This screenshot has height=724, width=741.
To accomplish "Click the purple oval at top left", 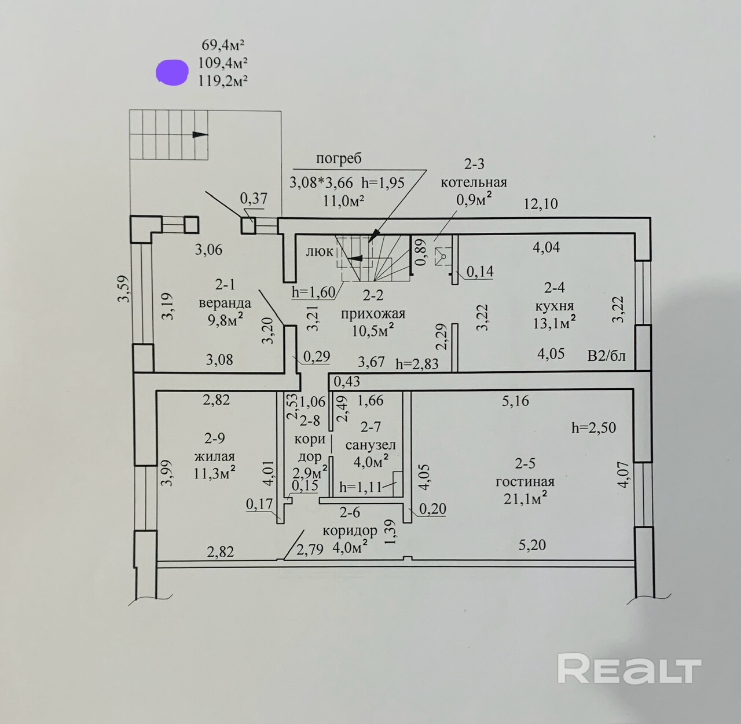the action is click(x=173, y=72).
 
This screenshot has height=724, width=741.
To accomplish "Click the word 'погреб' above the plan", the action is click(x=339, y=158).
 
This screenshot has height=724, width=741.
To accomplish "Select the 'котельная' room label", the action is click(x=474, y=182).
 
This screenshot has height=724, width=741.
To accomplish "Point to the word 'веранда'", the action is click(x=225, y=303).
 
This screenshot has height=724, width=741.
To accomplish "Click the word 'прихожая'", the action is click(x=373, y=313).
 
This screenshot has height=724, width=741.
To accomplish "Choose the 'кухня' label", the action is click(x=554, y=305).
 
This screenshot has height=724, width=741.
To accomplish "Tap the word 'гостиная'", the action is click(x=525, y=481).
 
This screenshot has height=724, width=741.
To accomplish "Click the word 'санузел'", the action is click(x=370, y=445).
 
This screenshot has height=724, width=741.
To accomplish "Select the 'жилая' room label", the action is click(x=214, y=456).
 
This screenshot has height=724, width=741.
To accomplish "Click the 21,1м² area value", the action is click(x=525, y=498).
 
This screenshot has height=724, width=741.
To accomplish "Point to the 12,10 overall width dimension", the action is click(x=541, y=204).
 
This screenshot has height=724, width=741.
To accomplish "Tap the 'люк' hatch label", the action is click(x=320, y=251).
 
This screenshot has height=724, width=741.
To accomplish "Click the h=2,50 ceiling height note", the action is click(x=593, y=428).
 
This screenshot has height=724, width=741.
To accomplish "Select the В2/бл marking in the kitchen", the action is click(x=606, y=356).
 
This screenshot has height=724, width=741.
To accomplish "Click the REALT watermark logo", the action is click(x=629, y=669).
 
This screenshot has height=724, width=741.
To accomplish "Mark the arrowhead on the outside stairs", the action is click(x=200, y=134).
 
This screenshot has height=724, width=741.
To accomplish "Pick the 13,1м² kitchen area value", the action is click(x=554, y=321).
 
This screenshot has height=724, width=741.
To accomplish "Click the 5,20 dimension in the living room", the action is click(x=532, y=544).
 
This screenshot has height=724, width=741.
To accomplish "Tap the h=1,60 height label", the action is click(x=313, y=292).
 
